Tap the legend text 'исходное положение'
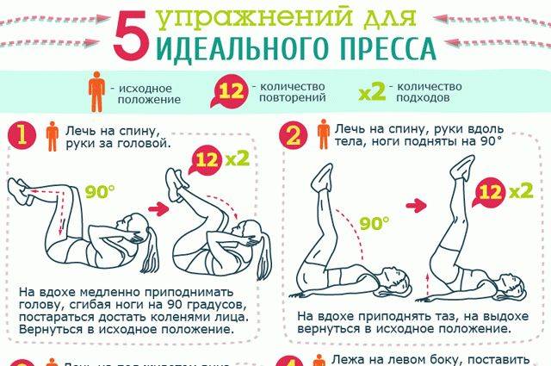(x=143, y=92)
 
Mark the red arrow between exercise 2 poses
(x=417, y=204)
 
